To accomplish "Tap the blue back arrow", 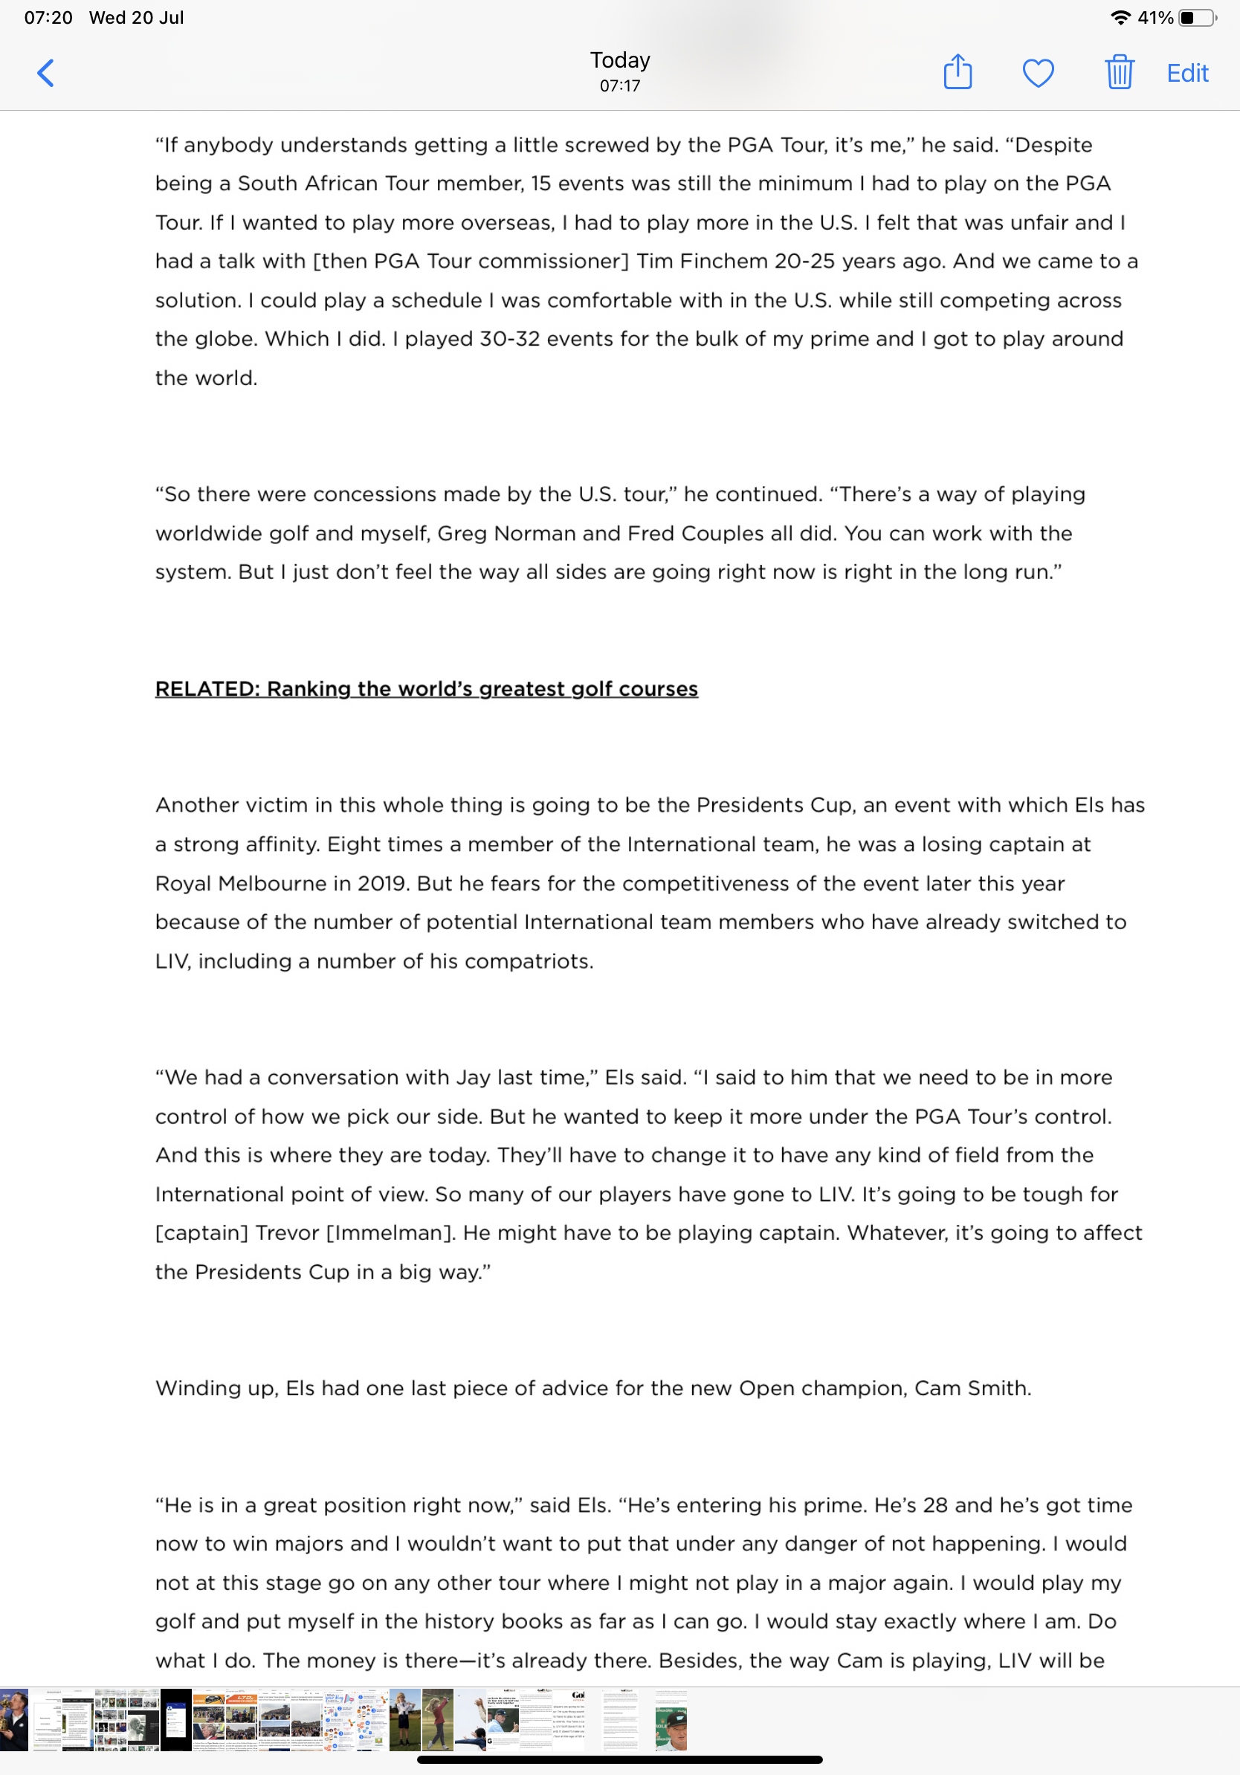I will pyautogui.click(x=46, y=74).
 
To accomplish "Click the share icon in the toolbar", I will pyautogui.click(x=957, y=73).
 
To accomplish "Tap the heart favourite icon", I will pyautogui.click(x=1038, y=74).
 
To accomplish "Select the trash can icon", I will pyautogui.click(x=1119, y=73).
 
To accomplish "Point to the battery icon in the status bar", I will pyautogui.click(x=1196, y=18).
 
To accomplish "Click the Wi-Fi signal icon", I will pyautogui.click(x=1120, y=18).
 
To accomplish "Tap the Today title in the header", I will pyautogui.click(x=620, y=60).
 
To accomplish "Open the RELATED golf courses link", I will pyautogui.click(x=426, y=689).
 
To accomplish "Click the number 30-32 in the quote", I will pyautogui.click(x=509, y=340).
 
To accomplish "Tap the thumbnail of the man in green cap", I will pyautogui.click(x=671, y=1719).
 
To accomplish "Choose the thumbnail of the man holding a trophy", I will pyautogui.click(x=14, y=1719).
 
